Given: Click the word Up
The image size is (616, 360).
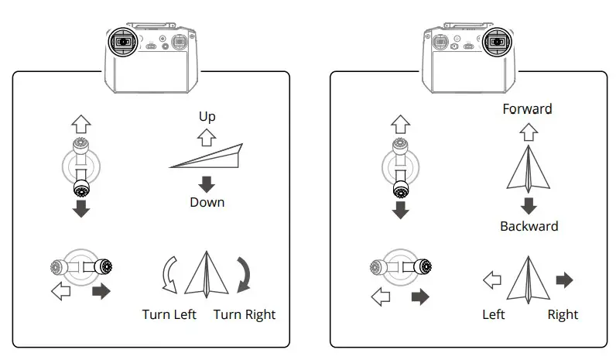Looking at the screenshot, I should (x=207, y=117).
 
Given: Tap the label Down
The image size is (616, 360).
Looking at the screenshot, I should (x=207, y=202).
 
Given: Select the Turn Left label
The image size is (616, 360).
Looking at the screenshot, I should (x=169, y=314).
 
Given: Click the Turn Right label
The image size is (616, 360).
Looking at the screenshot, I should (x=244, y=314).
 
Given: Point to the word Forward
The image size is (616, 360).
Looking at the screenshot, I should (x=527, y=108).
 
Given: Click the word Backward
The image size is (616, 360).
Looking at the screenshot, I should (x=529, y=227).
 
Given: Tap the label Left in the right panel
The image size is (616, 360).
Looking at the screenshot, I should (x=494, y=314).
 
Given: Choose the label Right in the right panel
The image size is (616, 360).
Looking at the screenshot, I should (x=563, y=314).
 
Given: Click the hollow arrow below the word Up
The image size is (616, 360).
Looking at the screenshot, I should (x=207, y=138).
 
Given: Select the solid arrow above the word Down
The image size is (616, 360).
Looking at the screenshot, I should (x=207, y=184).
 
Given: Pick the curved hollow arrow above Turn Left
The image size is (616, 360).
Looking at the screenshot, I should (x=168, y=276).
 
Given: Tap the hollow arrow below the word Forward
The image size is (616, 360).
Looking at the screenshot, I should (x=529, y=131).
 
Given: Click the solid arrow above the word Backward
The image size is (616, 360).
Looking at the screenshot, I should (x=529, y=205).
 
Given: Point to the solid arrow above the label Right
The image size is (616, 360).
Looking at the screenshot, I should (x=564, y=280).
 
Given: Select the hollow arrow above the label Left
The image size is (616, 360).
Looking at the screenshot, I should (x=491, y=280).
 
